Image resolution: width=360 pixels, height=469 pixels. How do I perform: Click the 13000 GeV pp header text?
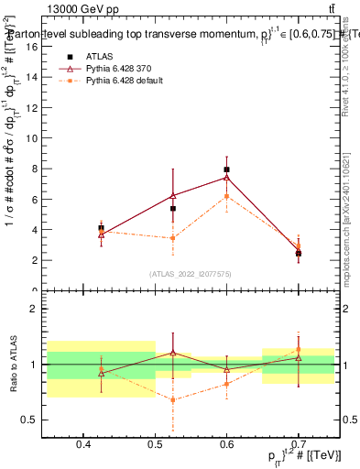82,9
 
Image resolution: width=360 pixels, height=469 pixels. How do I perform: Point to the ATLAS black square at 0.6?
227,169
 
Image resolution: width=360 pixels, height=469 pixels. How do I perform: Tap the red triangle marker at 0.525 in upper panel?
173,195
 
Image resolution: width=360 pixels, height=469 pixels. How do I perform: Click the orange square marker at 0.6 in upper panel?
227,196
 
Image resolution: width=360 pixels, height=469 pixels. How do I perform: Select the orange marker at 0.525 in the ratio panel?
173,399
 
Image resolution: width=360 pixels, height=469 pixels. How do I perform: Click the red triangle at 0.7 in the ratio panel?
299,357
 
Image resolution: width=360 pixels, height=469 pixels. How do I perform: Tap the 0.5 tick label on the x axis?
155,445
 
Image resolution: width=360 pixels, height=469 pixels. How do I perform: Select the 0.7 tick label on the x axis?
299,445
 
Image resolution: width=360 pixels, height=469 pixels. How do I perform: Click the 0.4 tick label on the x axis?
83,445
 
